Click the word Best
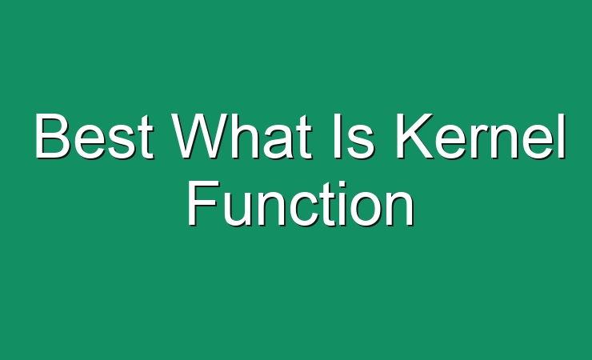coord(94,136)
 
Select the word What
coord(242,136)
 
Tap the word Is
coord(354,136)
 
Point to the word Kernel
coord(480,136)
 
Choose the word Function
coord(301,204)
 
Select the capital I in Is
coord(337,136)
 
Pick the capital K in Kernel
coord(414,136)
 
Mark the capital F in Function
coord(202,204)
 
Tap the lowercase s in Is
coord(361,142)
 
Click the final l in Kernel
coord(562,136)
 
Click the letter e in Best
coord(89,142)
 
